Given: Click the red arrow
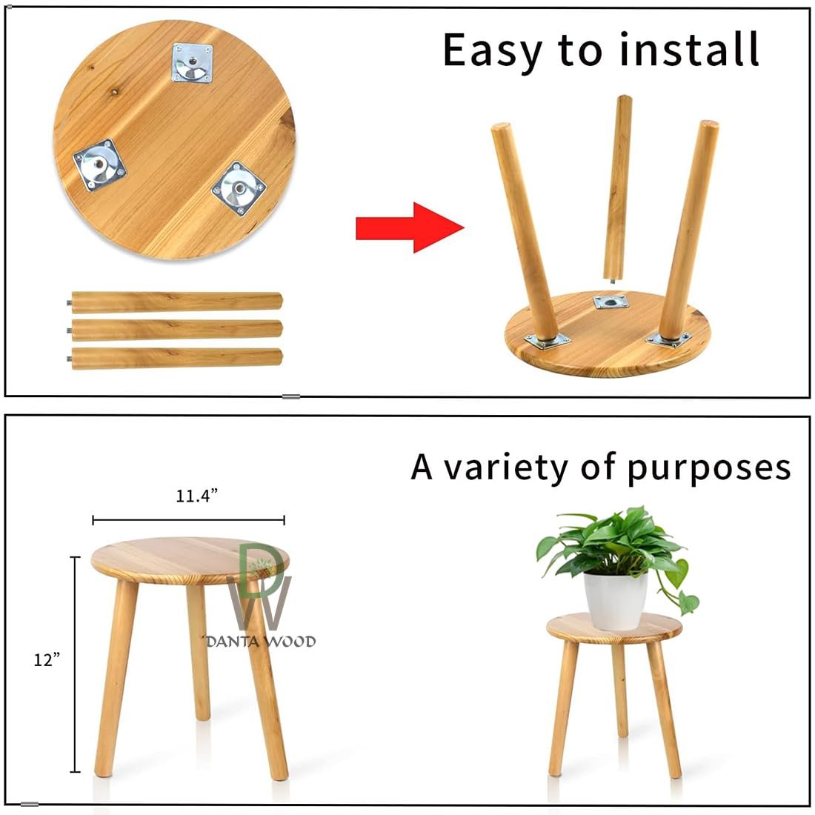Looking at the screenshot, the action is click(x=410, y=227).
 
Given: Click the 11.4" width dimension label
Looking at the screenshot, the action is click(x=196, y=496).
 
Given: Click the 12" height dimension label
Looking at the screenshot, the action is click(x=47, y=659).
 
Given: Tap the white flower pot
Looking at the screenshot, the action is click(x=616, y=600).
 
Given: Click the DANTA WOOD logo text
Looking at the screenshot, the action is click(x=261, y=642).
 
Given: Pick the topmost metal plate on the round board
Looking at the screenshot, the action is click(x=193, y=63).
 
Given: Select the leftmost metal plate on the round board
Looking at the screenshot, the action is click(x=99, y=165).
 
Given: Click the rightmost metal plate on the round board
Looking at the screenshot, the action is click(x=239, y=188).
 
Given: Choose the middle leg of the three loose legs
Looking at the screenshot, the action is click(x=176, y=330).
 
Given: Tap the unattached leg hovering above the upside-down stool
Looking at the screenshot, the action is click(x=617, y=189).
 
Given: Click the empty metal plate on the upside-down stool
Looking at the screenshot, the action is click(x=611, y=302).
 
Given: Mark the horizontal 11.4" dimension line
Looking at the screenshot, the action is click(x=189, y=520).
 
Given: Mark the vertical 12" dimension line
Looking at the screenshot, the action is click(x=76, y=665).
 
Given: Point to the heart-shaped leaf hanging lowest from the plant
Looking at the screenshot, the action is click(x=688, y=603).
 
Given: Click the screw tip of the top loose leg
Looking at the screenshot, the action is click(x=69, y=303).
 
